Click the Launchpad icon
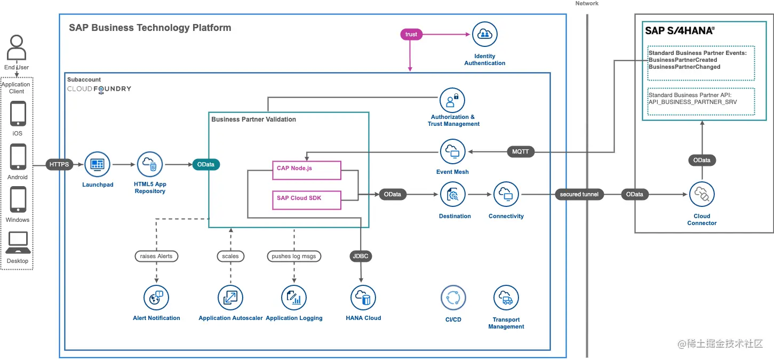click(x=97, y=164)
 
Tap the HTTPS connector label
click(x=59, y=164)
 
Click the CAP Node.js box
click(x=306, y=169)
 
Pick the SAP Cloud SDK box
click(x=306, y=198)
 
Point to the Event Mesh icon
click(x=452, y=152)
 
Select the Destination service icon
click(x=452, y=195)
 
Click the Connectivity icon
click(x=506, y=195)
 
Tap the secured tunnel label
click(x=579, y=195)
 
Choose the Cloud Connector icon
click(x=701, y=195)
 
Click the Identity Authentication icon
click(x=484, y=35)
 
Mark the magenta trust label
click(x=411, y=34)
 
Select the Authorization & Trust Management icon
click(x=452, y=100)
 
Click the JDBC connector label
click(x=361, y=256)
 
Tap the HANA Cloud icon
click(x=363, y=298)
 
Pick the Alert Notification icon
click(x=156, y=298)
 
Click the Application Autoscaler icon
click(x=230, y=298)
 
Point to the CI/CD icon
click(x=453, y=298)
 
